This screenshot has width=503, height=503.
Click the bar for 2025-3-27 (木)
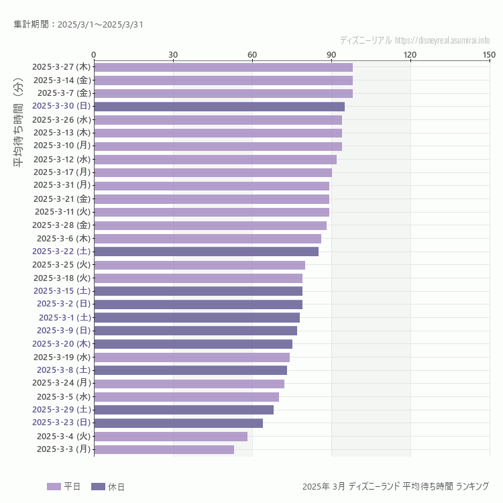tap(223, 67)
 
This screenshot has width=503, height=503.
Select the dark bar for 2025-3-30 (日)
tap(219, 107)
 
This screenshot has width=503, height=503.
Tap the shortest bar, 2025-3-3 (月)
tap(164, 449)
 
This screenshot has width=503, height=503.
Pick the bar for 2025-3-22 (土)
tap(206, 251)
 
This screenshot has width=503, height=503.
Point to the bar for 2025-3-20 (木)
tap(192, 344)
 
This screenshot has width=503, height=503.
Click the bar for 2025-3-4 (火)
tap(170, 437)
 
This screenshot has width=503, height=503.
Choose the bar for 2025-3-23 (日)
tap(178, 423)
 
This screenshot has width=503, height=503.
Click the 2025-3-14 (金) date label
tap(62, 80)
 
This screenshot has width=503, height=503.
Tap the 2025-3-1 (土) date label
tap(64, 317)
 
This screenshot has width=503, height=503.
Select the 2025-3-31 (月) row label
tap(62, 185)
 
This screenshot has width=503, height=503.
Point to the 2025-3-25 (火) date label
tap(62, 264)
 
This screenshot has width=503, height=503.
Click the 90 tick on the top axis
tap(331, 54)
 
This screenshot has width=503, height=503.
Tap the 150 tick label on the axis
tap(489, 54)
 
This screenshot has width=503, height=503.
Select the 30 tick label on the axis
tap(173, 54)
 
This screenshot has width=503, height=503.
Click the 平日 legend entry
tap(64, 486)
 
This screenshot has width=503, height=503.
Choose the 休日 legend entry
tap(107, 486)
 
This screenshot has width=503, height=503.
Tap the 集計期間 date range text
tap(78, 25)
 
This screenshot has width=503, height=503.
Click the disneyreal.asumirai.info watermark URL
tap(442, 40)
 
